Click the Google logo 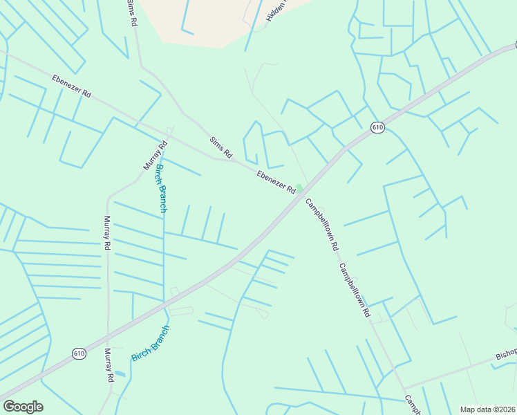(23, 407)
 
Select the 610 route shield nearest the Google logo (79, 353)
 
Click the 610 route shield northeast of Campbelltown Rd (377, 127)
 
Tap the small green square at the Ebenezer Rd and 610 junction (299, 188)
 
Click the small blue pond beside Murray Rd (121, 373)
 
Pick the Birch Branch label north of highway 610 (160, 188)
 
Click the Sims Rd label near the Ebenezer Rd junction (221, 147)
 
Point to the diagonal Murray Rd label (156, 156)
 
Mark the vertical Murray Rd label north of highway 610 (107, 232)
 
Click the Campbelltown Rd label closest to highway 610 (323, 225)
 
